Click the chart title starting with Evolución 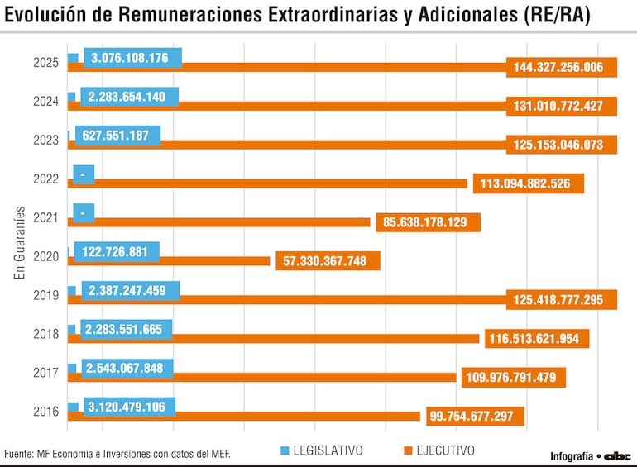[298, 17]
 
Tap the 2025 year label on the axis [45, 63]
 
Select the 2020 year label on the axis [45, 256]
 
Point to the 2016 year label [45, 412]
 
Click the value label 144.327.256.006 [562, 68]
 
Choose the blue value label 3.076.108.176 [130, 58]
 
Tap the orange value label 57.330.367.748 [328, 261]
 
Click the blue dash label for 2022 [84, 174]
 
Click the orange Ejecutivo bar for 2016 [248, 416]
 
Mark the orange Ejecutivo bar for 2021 [223, 222]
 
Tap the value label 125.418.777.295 [562, 300]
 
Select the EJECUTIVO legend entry [438, 450]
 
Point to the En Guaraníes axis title [20, 243]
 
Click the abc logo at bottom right [617, 455]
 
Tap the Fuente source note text [117, 454]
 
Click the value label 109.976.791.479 [514, 378]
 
